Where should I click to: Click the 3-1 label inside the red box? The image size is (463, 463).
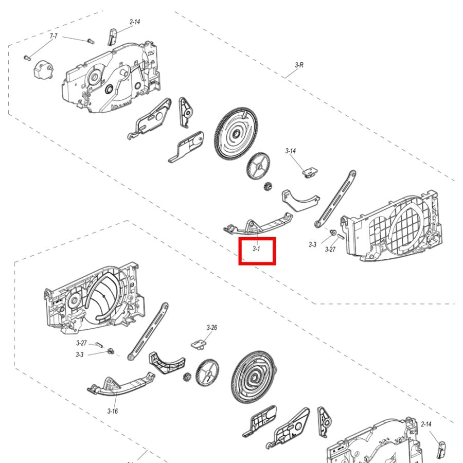(256, 248)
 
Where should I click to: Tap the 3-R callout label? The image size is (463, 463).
(299, 65)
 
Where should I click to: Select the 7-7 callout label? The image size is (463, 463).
(54, 36)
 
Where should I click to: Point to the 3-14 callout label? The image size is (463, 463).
(291, 151)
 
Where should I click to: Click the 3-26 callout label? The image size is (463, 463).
(212, 328)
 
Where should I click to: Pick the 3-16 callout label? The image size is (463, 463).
(113, 411)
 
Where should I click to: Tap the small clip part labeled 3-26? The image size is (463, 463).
(200, 344)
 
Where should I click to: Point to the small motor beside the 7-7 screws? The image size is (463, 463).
(43, 70)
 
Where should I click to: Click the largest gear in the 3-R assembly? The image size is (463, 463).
(236, 133)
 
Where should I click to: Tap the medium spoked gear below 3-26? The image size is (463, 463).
(207, 373)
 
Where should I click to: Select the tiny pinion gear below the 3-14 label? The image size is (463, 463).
(268, 186)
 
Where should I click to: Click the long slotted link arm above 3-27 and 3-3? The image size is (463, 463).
(335, 199)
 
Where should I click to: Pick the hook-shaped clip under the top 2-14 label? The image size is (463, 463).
(112, 37)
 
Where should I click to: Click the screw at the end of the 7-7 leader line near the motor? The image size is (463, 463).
(27, 58)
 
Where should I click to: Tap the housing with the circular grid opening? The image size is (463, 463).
(391, 227)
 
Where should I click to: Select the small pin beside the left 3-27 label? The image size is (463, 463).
(98, 345)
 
